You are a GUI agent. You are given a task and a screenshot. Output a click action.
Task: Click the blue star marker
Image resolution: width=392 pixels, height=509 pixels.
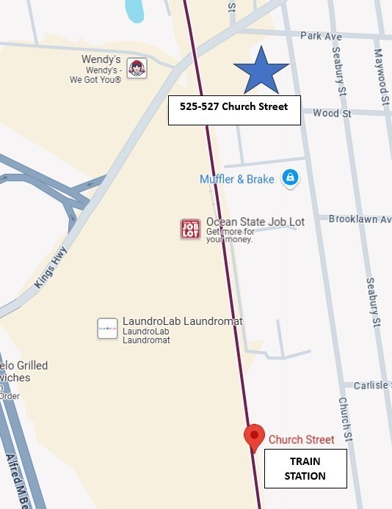[x=261, y=70]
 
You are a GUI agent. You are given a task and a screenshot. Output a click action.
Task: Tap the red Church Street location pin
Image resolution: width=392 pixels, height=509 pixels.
[x=254, y=438]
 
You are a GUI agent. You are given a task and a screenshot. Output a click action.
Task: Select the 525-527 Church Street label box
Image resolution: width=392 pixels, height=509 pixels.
[x=234, y=110]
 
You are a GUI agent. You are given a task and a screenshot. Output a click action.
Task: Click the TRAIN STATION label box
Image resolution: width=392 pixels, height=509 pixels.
[x=305, y=469]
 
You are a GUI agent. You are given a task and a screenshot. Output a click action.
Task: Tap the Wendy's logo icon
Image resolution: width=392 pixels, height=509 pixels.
[x=137, y=68]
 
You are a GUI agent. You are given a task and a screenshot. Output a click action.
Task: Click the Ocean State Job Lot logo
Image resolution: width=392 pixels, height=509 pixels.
[x=190, y=229]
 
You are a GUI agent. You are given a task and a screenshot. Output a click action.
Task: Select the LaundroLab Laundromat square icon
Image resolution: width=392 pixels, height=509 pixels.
[x=107, y=329]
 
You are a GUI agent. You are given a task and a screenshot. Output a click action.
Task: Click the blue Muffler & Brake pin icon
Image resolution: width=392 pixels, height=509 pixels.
[x=291, y=179]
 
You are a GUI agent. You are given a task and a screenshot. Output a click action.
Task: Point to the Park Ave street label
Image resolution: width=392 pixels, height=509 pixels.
[x=321, y=35]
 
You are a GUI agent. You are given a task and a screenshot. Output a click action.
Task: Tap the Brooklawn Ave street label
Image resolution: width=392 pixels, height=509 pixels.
[x=359, y=219]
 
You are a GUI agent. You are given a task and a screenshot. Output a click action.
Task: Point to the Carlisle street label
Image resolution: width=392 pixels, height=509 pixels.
[x=371, y=386]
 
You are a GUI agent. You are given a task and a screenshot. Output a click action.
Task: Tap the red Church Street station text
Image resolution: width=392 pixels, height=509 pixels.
[x=301, y=440]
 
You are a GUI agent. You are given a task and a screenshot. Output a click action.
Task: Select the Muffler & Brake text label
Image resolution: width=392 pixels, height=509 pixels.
[x=236, y=180]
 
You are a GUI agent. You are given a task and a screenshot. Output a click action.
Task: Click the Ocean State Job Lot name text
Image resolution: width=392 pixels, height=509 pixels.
[x=255, y=221]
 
